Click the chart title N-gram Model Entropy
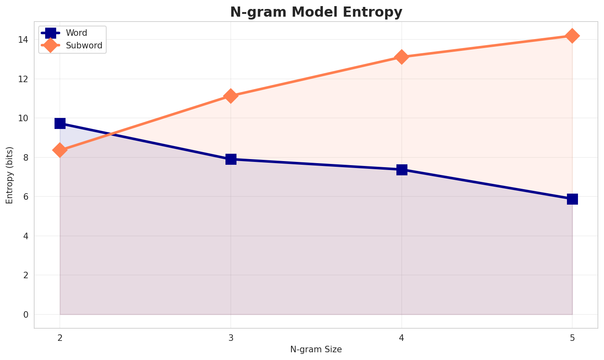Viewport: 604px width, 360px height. point(316,12)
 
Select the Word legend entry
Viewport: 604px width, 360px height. point(77,33)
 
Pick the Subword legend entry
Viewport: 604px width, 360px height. point(84,46)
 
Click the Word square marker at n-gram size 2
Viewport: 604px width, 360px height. point(60,123)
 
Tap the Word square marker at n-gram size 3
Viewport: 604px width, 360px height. point(231,159)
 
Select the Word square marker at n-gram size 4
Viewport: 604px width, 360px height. point(402,170)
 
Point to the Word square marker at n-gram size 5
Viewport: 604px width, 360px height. point(572,199)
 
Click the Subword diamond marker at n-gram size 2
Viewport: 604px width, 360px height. point(60,150)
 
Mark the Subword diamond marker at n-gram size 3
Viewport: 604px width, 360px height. point(231,96)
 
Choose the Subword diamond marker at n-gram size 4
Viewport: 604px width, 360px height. point(402,57)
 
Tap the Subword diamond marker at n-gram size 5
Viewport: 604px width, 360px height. point(572,36)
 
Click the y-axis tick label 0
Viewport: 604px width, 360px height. point(25,315)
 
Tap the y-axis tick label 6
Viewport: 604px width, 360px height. point(25,197)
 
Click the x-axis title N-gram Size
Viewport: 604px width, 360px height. point(316,349)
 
